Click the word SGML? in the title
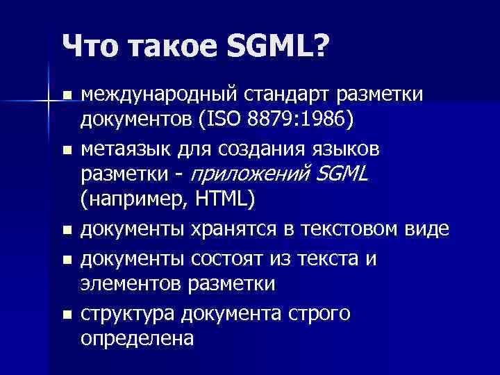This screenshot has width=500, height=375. (x=277, y=47)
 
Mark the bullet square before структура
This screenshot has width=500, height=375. (x=67, y=315)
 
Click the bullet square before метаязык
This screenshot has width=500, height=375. (x=67, y=149)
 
